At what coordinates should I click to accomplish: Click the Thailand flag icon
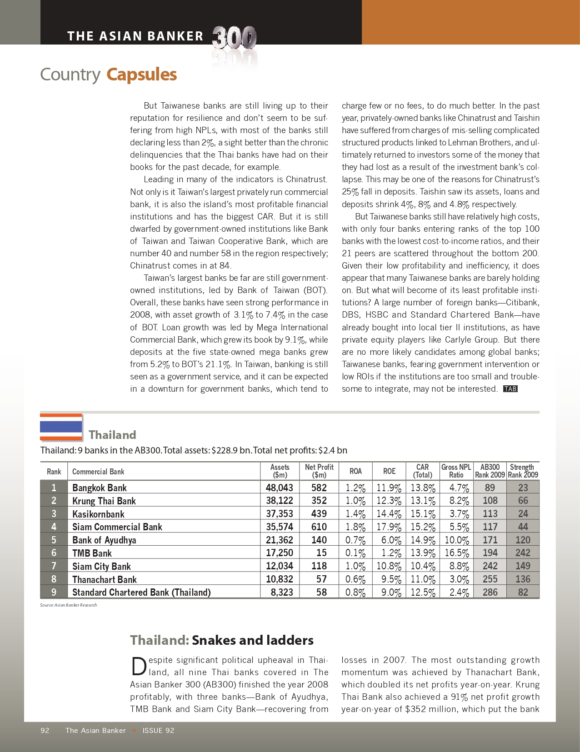point(61,427)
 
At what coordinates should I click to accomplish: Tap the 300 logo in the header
point(234,38)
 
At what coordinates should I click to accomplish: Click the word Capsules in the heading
point(141,75)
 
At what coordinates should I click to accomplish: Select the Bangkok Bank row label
point(100,488)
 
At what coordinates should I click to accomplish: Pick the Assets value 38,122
point(279,501)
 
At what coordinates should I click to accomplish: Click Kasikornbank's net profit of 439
point(319,514)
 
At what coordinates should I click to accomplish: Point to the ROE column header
point(389,471)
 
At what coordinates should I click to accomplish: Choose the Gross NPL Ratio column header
point(456,471)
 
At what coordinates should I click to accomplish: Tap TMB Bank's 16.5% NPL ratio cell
point(456,553)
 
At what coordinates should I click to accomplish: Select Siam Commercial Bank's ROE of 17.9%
point(389,527)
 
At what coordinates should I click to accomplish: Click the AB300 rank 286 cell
point(490,593)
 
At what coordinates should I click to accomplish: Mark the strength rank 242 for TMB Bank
point(523,553)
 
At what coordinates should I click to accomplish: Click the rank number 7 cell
point(54,566)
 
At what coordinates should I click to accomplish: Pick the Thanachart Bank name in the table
point(105,579)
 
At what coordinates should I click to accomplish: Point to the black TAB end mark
point(510,389)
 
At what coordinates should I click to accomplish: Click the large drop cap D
point(139,667)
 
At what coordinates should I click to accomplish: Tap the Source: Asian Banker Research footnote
point(68,605)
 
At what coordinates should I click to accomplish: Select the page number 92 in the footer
point(45,731)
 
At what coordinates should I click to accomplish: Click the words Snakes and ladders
point(252,640)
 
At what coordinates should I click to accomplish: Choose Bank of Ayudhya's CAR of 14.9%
point(422,540)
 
